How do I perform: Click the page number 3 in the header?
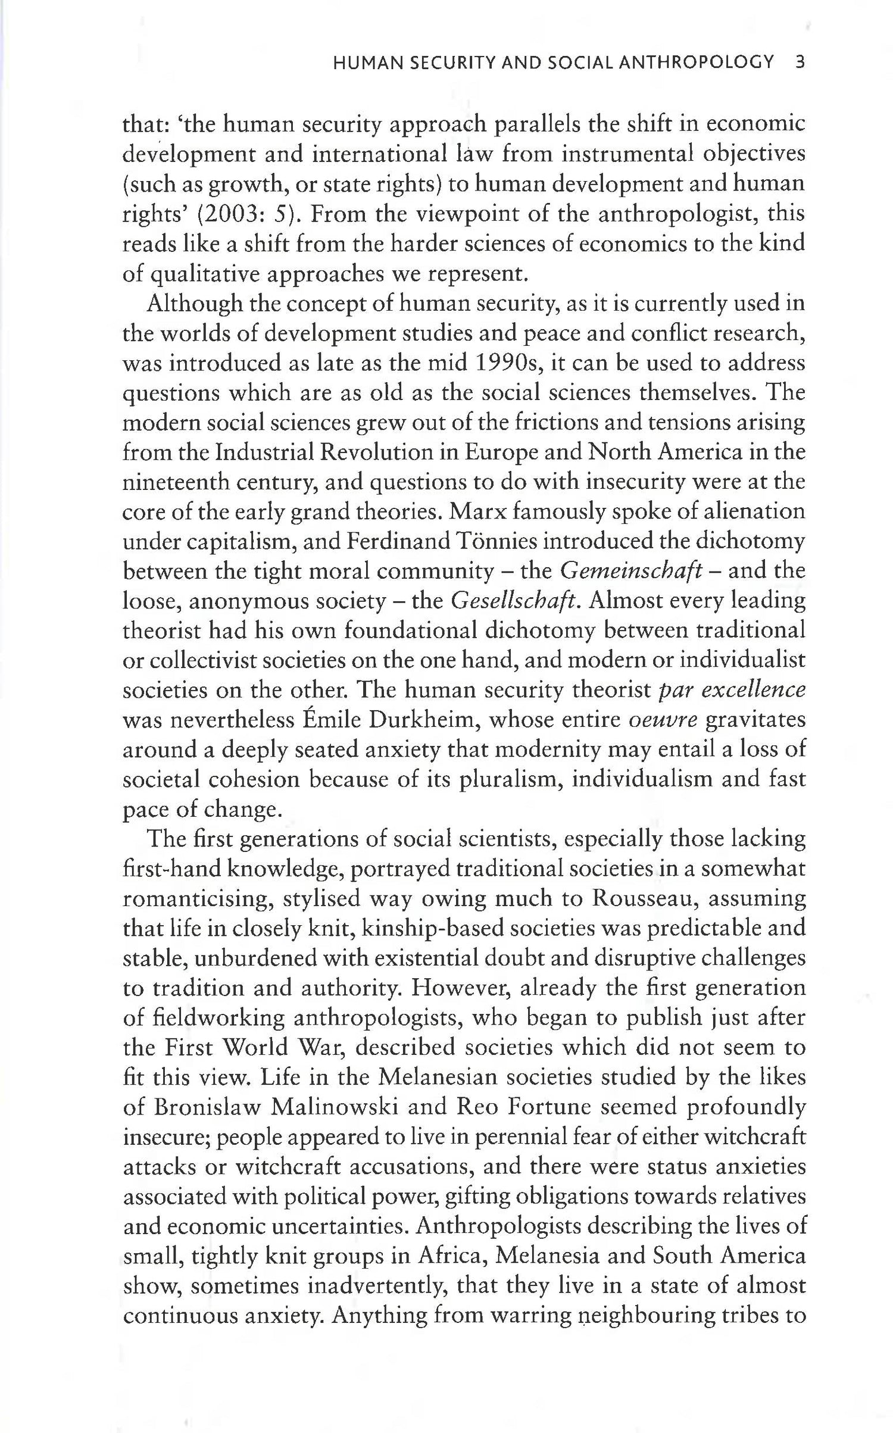800,63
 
